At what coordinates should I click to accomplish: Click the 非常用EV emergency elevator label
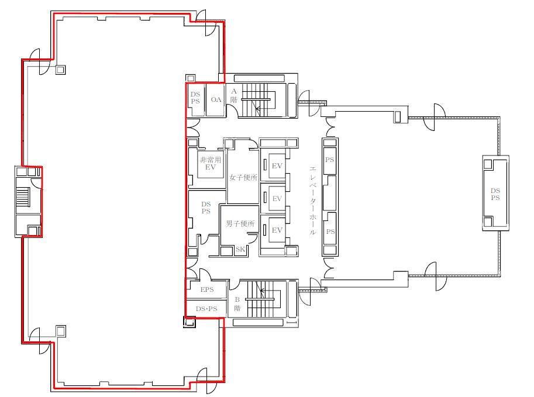211,163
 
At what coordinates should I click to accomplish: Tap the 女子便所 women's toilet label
243,177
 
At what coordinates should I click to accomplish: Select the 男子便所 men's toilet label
240,224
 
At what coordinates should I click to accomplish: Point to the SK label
240,249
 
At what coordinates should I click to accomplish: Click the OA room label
216,99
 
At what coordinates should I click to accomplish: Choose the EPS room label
207,289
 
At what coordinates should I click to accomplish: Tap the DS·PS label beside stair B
206,309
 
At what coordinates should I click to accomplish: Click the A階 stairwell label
233,96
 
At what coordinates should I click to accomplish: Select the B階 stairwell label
237,304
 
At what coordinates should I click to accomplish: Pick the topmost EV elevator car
277,166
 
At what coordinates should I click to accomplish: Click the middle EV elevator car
277,199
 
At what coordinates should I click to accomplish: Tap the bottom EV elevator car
277,230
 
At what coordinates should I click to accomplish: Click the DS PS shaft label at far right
495,194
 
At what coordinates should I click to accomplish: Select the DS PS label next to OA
195,98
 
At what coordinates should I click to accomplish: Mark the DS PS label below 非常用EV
206,208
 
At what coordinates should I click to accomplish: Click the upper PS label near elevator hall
329,160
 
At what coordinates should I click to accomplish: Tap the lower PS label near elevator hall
330,232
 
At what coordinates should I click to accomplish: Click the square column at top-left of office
60,70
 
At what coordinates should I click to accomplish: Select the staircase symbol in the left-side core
23,198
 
